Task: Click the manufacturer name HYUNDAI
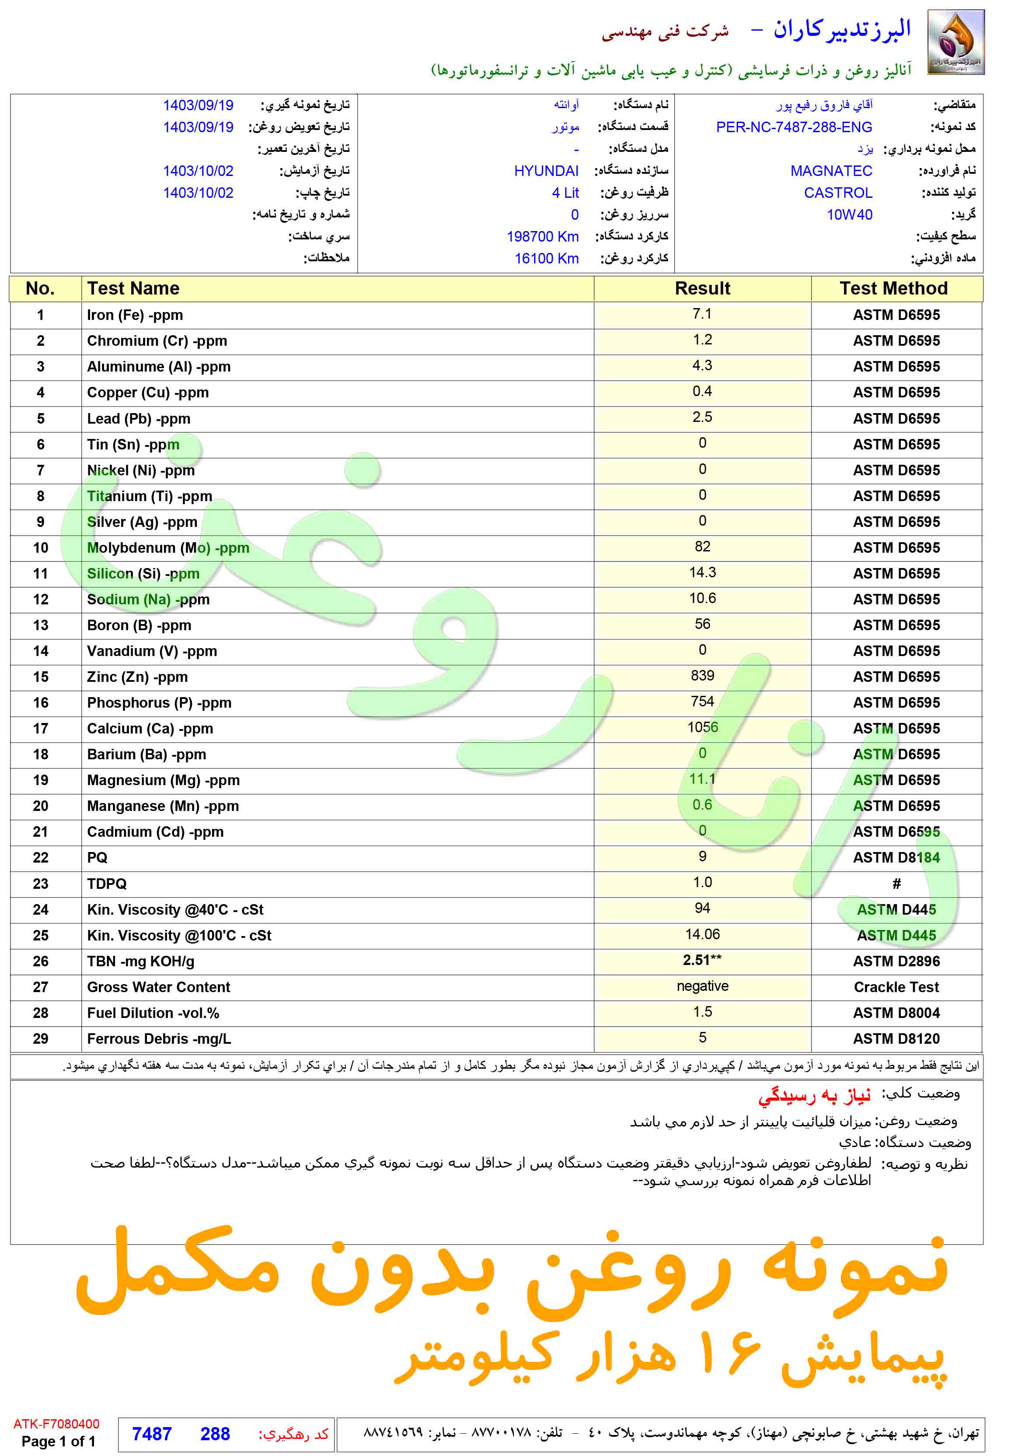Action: (546, 171)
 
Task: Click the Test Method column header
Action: (893, 289)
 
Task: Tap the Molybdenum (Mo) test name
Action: (168, 547)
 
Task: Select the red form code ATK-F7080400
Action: (56, 1424)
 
